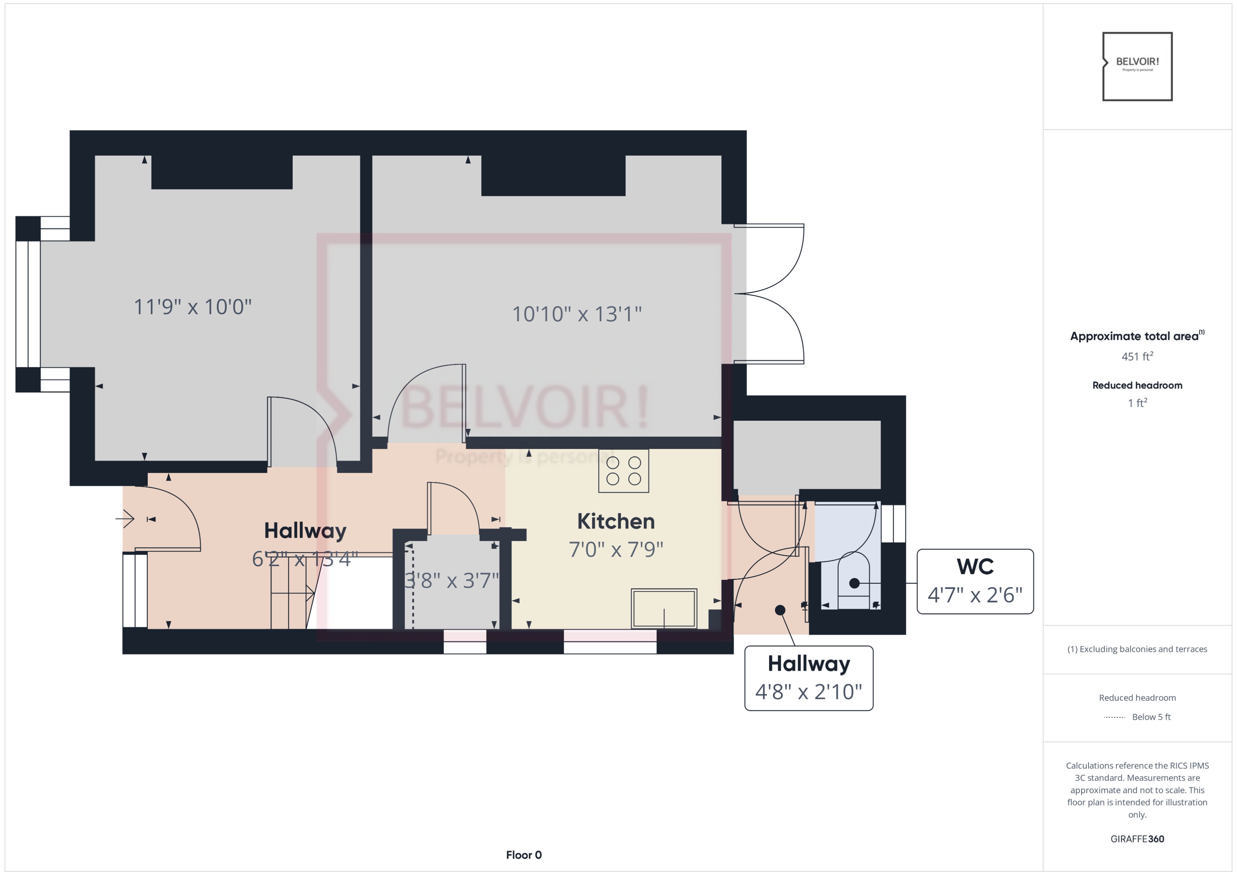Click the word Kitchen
(x=615, y=521)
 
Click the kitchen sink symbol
(x=664, y=608)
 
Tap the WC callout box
(x=975, y=581)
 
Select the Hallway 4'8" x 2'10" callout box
(x=808, y=678)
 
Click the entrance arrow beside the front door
(x=125, y=519)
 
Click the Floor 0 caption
(x=523, y=854)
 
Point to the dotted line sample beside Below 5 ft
(x=1114, y=717)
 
